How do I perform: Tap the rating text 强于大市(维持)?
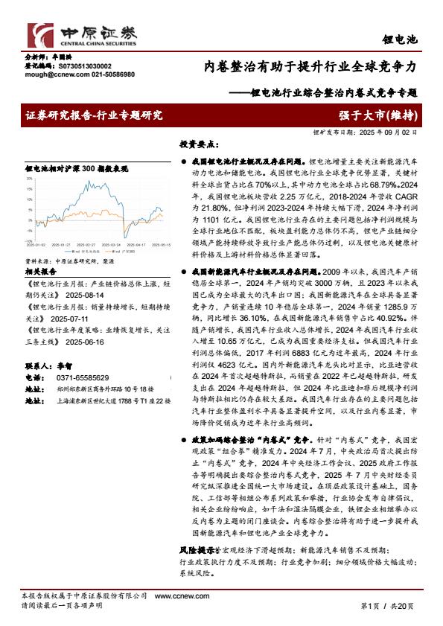(379, 115)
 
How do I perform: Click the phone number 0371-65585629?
(78, 377)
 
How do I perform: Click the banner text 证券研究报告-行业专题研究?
(93, 115)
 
